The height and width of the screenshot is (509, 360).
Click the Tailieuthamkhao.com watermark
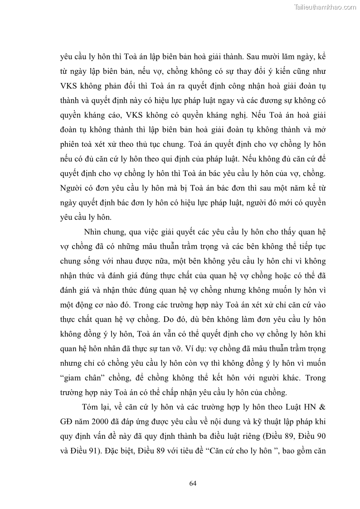click(x=325, y=7)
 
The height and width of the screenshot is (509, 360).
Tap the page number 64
click(x=193, y=483)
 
